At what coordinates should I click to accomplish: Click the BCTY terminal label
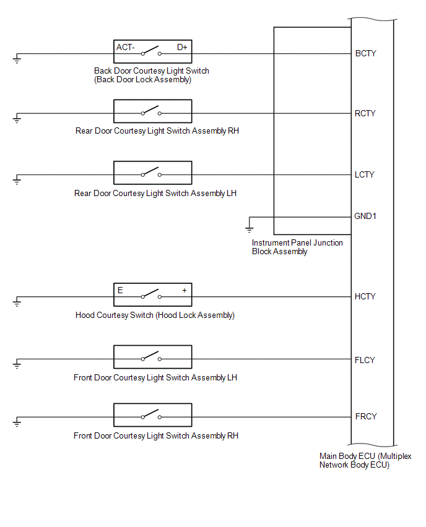[x=365, y=53]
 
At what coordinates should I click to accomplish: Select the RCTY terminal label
[x=365, y=114]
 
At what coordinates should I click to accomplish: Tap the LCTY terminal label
[x=365, y=175]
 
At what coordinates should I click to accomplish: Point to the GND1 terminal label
[x=365, y=216]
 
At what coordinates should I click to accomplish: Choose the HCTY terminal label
[x=365, y=296]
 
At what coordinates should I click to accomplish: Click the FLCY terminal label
[x=365, y=360]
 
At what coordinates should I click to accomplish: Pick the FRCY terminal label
[x=366, y=416]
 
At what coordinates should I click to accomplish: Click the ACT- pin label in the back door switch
[x=125, y=48]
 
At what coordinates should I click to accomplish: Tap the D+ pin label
[x=182, y=48]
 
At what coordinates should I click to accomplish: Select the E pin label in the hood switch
[x=120, y=290]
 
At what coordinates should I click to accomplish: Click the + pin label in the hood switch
[x=185, y=290]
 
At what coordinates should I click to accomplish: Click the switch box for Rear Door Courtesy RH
[x=153, y=111]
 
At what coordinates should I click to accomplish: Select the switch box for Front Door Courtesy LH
[x=153, y=357]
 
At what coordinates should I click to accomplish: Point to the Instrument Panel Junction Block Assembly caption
[x=297, y=247]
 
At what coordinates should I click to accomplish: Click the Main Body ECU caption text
[x=365, y=460]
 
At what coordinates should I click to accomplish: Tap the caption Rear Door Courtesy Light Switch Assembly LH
[x=155, y=194]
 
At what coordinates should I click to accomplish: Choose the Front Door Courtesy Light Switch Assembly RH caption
[x=156, y=436]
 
